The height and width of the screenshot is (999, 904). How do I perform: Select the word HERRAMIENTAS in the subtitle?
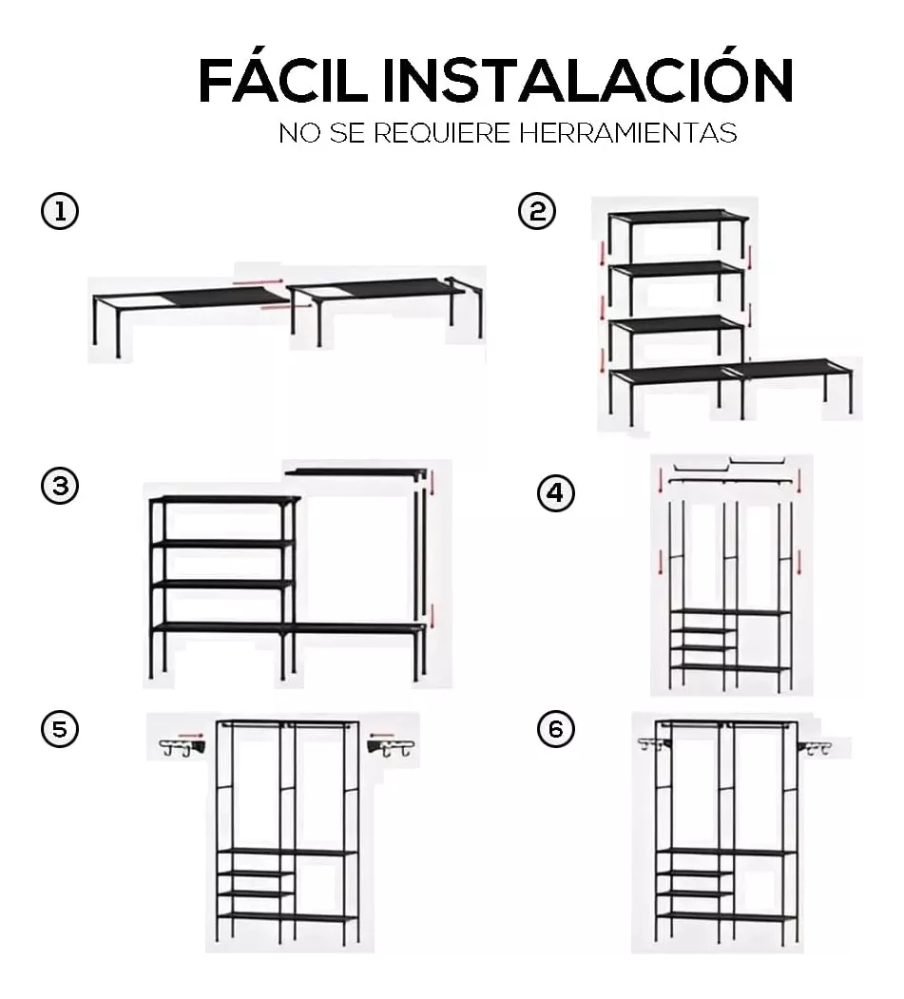pyautogui.click(x=627, y=133)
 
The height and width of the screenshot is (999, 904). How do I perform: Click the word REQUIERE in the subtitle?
pyautogui.click(x=441, y=133)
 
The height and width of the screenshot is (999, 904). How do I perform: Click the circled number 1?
pyautogui.click(x=59, y=212)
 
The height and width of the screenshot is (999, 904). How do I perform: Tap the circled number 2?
pyautogui.click(x=537, y=212)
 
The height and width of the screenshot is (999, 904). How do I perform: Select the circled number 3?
pyautogui.click(x=59, y=487)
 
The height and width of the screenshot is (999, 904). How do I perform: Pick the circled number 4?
pyautogui.click(x=556, y=493)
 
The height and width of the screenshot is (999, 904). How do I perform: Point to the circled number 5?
pyautogui.click(x=59, y=730)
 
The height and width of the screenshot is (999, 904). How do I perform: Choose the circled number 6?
pyautogui.click(x=556, y=730)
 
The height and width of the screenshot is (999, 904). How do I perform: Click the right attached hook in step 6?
pyautogui.click(x=817, y=748)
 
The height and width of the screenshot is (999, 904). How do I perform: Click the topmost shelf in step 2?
pyautogui.click(x=678, y=217)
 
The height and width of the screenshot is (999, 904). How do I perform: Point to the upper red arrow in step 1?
pyautogui.click(x=258, y=280)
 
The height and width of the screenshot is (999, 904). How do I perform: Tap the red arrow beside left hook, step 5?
pyautogui.click(x=193, y=735)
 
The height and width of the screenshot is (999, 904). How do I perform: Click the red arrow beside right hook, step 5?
pyautogui.click(x=383, y=733)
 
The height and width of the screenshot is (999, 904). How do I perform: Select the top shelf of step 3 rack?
pyautogui.click(x=226, y=499)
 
